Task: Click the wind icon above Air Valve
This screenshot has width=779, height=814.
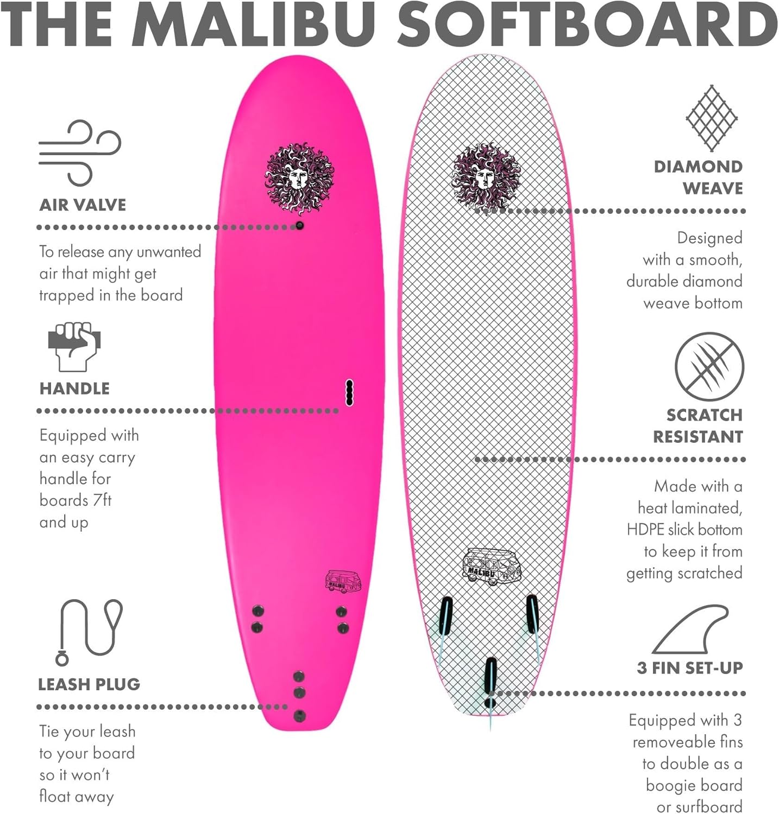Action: point(80,153)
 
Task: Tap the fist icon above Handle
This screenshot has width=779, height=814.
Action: point(74,346)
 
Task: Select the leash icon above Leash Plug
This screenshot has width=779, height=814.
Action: point(90,631)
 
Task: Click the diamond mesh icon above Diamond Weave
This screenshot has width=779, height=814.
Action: point(711,118)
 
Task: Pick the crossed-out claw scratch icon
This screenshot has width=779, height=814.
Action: point(709,367)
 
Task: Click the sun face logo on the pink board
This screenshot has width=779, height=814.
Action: point(299,179)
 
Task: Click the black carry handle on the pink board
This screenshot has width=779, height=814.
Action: point(350,392)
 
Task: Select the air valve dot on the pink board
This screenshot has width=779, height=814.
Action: point(299,225)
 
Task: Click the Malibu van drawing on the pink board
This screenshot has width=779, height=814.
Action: point(343,582)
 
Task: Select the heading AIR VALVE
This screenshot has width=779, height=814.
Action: point(83,205)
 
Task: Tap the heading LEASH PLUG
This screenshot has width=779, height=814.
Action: point(89,684)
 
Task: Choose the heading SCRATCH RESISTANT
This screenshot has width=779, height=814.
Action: point(698,425)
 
